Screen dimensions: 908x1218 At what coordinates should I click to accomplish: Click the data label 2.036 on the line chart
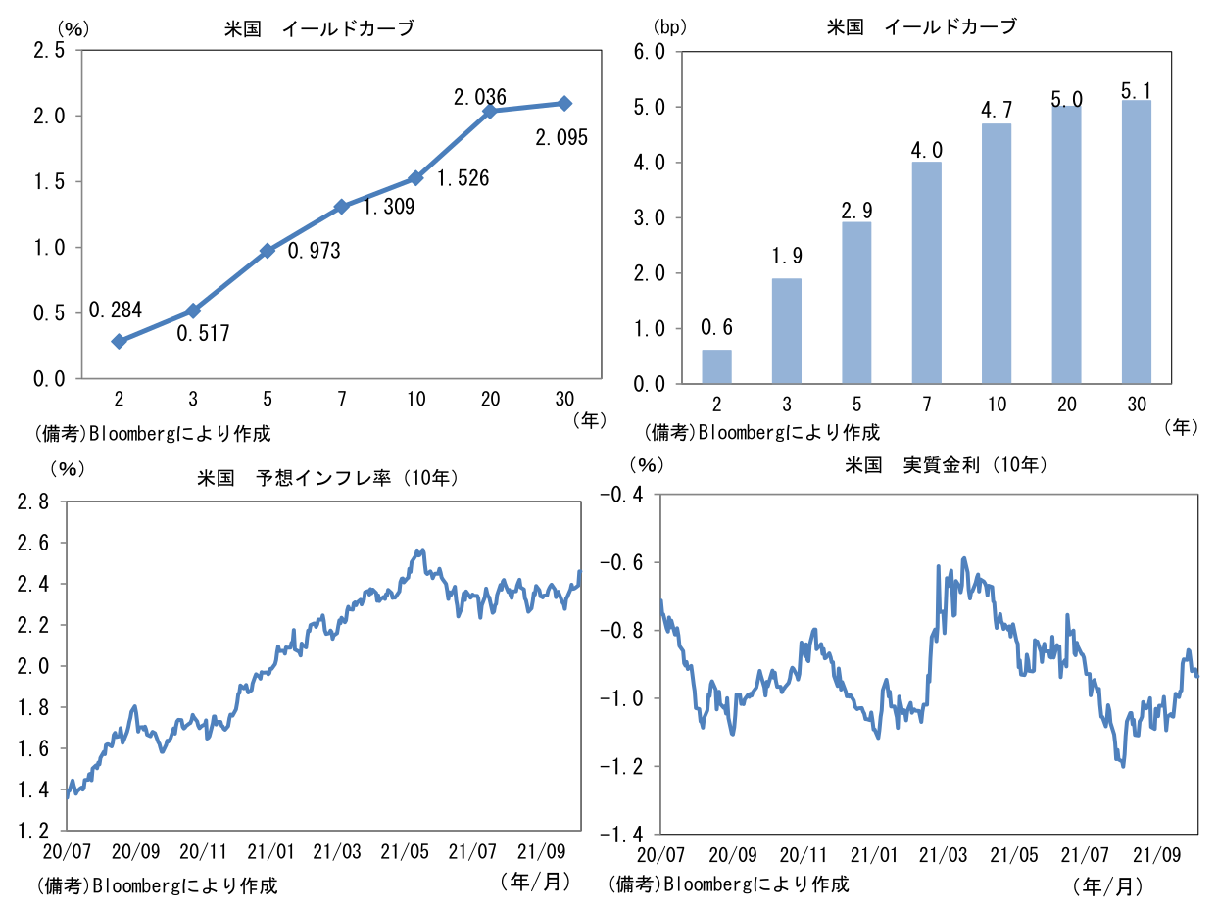click(x=479, y=97)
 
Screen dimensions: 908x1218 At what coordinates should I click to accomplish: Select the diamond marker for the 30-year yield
click(x=564, y=103)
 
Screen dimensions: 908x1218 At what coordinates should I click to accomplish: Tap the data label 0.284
click(x=115, y=311)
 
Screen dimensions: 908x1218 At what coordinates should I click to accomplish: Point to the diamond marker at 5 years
click(x=268, y=251)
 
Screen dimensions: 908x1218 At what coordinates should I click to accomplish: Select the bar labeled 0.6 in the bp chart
click(x=716, y=366)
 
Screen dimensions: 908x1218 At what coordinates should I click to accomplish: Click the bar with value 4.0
click(x=926, y=272)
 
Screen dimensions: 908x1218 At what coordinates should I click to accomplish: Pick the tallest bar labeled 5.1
click(x=1136, y=241)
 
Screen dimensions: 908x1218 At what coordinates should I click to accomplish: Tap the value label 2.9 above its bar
click(x=856, y=209)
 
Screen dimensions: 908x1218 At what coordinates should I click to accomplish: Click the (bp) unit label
click(x=668, y=27)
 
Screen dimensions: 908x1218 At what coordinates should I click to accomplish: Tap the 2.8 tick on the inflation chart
click(x=34, y=502)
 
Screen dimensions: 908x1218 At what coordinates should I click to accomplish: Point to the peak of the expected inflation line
click(x=420, y=550)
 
